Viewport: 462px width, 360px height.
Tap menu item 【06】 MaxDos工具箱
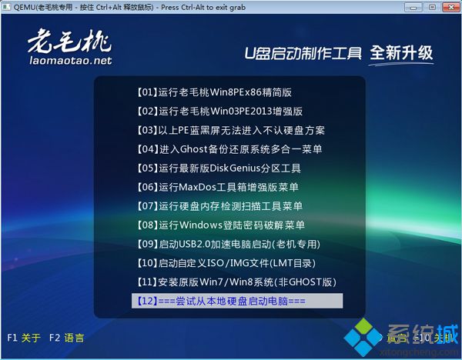coord(217,187)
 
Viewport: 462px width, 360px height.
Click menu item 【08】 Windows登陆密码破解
coord(220,225)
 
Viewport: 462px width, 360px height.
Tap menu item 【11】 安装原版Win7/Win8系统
coord(236,282)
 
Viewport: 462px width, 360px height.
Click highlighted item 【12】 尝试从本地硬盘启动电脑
coord(237,300)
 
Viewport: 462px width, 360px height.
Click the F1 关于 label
coord(23,338)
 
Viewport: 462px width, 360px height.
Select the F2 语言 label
coord(66,338)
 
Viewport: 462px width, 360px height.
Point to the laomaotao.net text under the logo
coord(70,60)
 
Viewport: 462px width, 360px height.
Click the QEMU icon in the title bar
coord(7,7)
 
